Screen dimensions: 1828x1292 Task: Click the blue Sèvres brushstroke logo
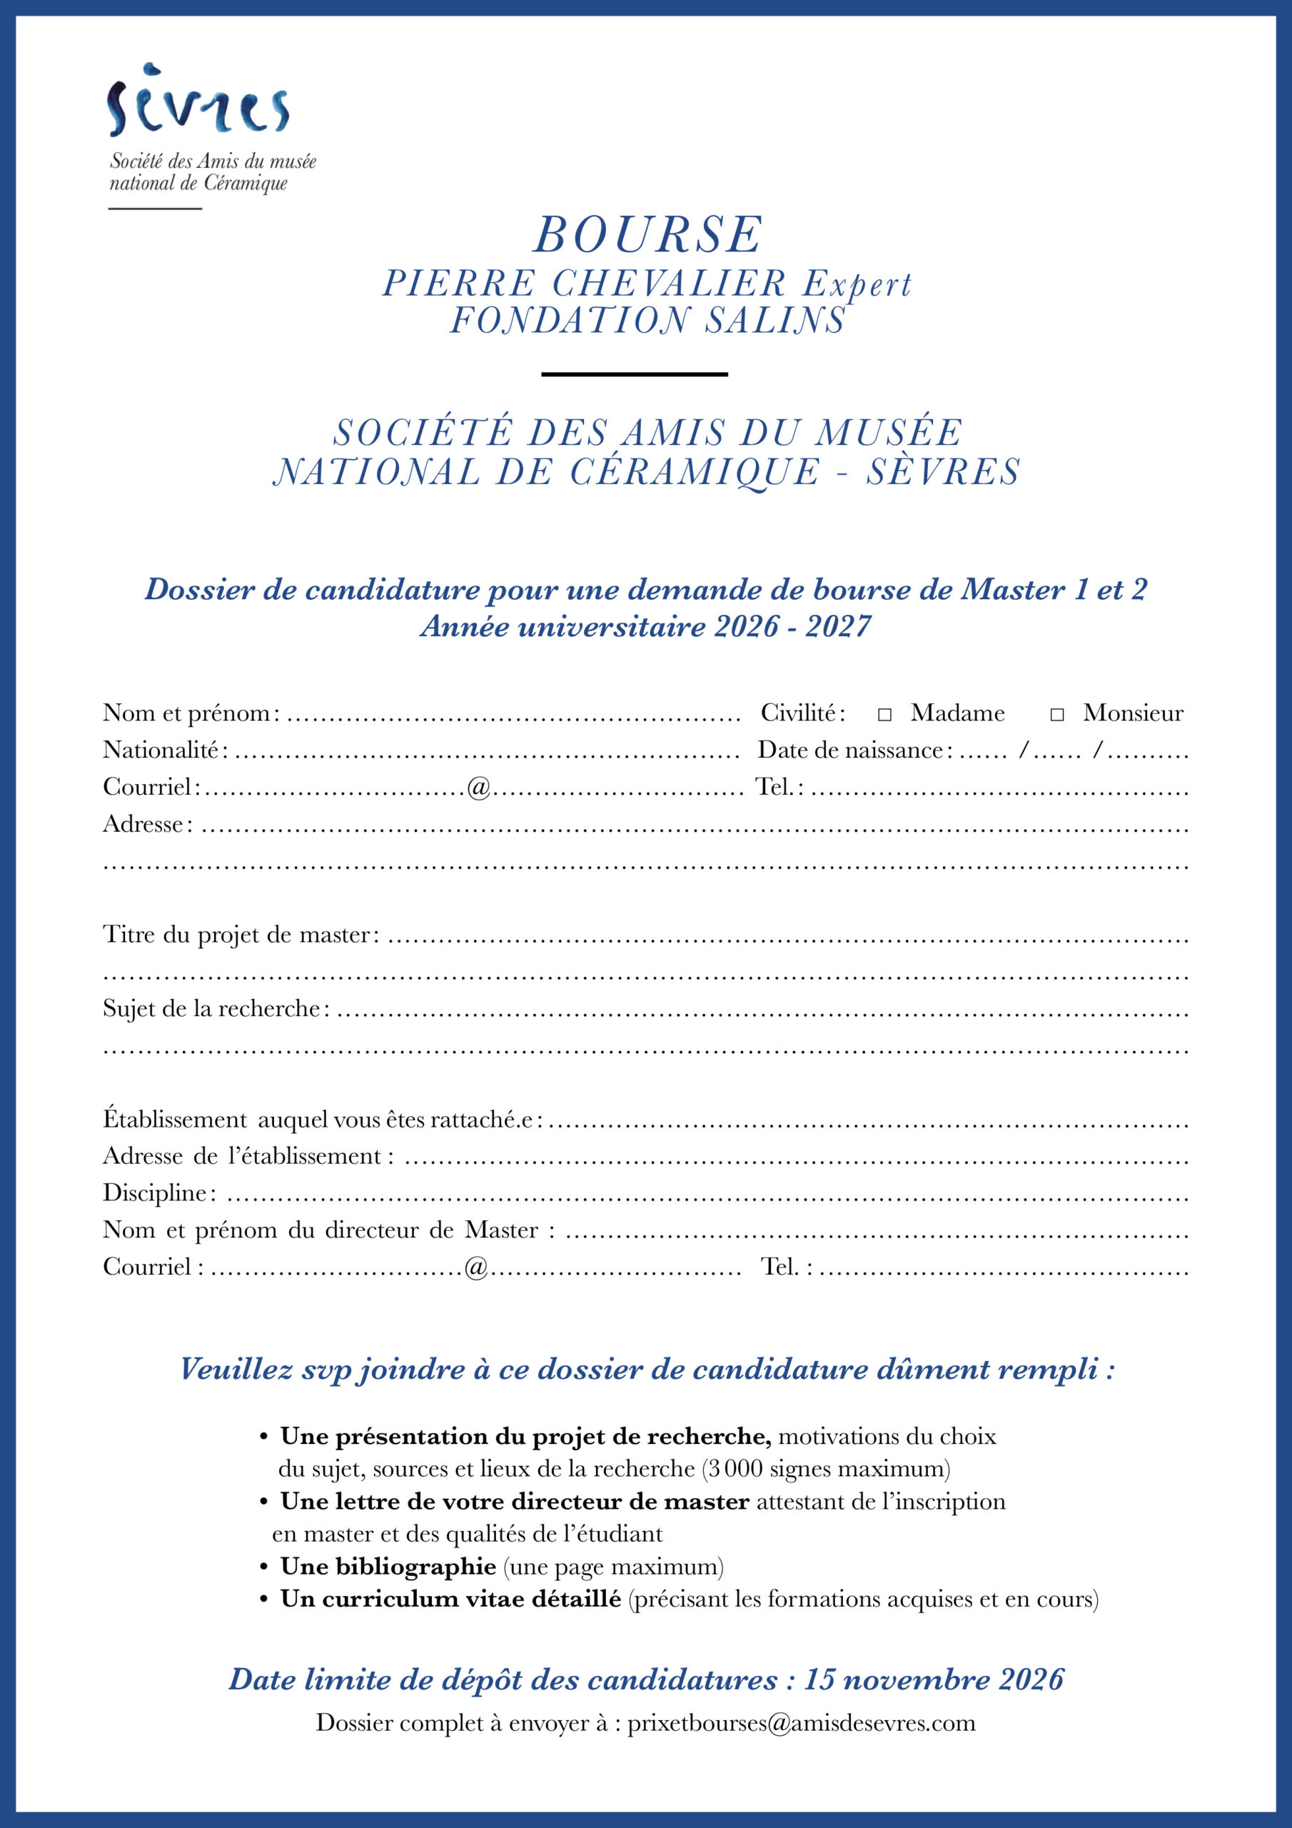[x=198, y=102]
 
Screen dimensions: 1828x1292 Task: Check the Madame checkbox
[x=884, y=714]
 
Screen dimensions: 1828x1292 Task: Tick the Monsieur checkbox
[x=1056, y=714]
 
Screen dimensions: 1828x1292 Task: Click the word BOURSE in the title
[x=647, y=235]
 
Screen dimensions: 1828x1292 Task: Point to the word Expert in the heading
[x=857, y=284]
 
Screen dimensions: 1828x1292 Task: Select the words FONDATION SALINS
[x=647, y=320]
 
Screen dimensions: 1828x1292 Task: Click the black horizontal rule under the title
[x=635, y=374]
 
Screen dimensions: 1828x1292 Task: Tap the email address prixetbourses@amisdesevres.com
[x=801, y=1723]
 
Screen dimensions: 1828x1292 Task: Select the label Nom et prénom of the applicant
[x=188, y=713]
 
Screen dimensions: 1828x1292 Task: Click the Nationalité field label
[x=161, y=749]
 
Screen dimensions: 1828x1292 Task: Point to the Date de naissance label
[x=850, y=749]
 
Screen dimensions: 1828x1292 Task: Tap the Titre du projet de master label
[x=236, y=934]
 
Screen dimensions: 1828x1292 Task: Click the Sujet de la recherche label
[x=212, y=1008]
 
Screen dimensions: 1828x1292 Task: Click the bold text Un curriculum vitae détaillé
[x=450, y=1599]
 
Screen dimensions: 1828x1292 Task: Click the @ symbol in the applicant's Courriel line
[x=478, y=788]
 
